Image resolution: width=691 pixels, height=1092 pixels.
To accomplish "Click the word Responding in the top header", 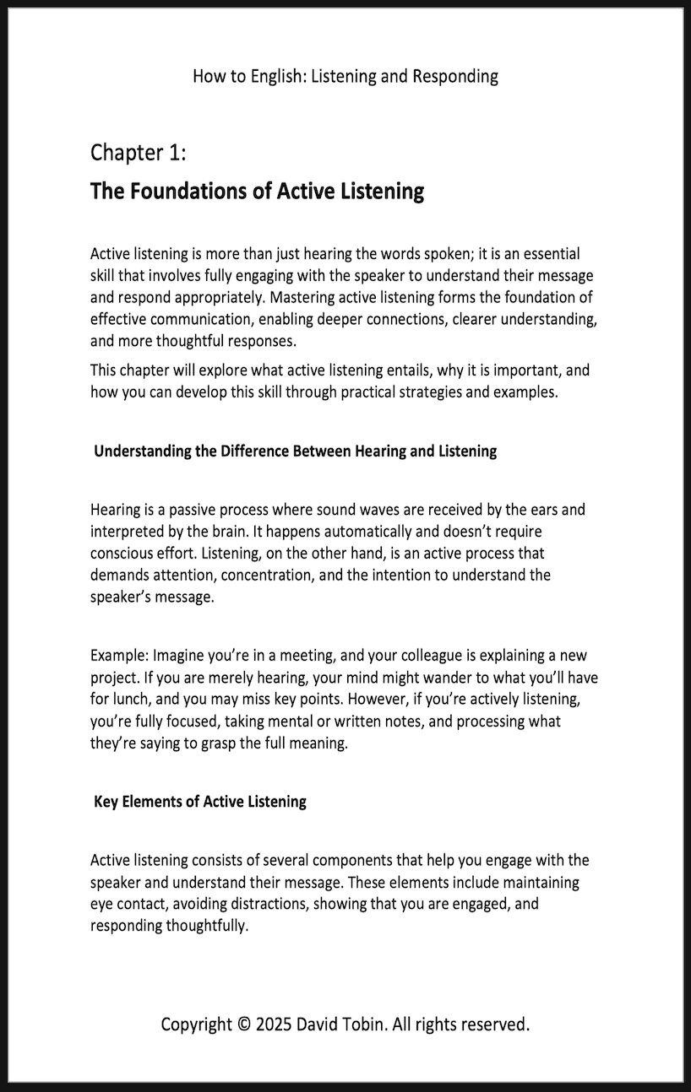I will (455, 77).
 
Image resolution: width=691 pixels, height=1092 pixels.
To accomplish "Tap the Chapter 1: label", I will (138, 153).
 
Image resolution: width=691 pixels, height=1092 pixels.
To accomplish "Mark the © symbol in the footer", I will (243, 1024).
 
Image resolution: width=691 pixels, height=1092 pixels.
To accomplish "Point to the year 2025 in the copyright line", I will (273, 1024).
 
